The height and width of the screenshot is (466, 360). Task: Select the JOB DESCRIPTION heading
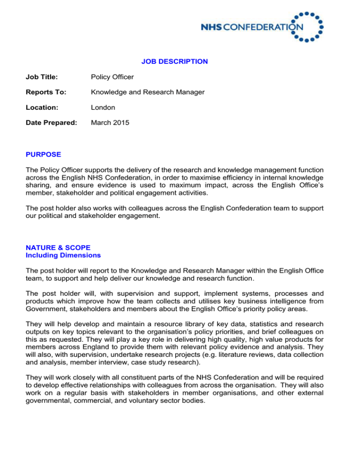coord(174,61)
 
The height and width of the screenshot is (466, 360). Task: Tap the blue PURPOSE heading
coord(34,153)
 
